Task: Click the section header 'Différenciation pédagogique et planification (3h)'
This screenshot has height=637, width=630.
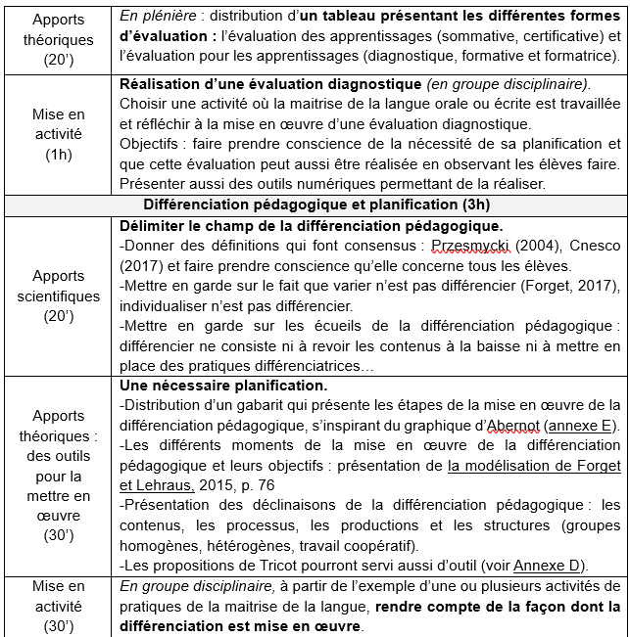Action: tap(316, 205)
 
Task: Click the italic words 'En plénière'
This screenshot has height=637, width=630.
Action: tap(154, 19)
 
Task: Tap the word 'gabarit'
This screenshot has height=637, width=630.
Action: tap(254, 405)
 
